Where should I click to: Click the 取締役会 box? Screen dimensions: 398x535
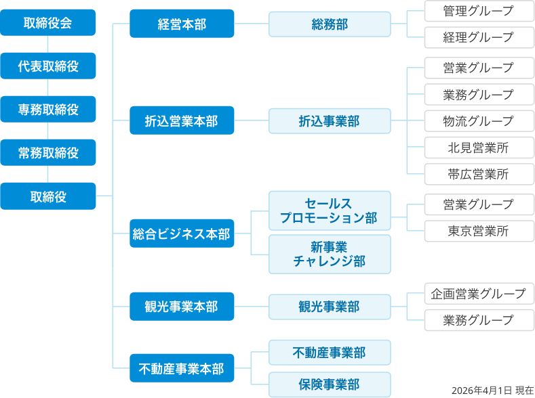click(x=47, y=23)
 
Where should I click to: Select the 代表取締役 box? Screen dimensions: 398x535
click(x=47, y=66)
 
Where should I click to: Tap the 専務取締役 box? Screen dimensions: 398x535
click(x=47, y=110)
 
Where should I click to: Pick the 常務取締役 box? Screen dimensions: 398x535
click(x=47, y=153)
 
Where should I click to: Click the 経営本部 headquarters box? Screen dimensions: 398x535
click(x=182, y=24)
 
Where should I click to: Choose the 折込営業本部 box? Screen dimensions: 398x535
click(x=182, y=121)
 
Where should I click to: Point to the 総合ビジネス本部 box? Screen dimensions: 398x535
click(x=182, y=234)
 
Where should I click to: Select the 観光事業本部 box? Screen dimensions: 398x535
click(x=182, y=307)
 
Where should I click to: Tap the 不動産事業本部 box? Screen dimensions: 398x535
click(x=182, y=369)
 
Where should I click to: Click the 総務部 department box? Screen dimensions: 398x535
click(x=330, y=24)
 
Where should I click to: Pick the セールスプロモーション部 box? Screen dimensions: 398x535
click(x=330, y=211)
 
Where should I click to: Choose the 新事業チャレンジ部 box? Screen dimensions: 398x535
click(x=330, y=254)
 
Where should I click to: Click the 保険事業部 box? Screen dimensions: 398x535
click(x=330, y=384)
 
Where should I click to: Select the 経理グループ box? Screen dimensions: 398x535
click(x=479, y=37)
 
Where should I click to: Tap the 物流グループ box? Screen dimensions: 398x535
click(x=479, y=121)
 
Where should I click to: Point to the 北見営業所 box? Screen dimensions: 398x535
click(x=479, y=148)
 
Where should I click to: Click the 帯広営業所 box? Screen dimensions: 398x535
click(x=479, y=174)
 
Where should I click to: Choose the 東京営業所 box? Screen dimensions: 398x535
click(x=479, y=231)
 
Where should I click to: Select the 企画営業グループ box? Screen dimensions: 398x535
click(x=479, y=294)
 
